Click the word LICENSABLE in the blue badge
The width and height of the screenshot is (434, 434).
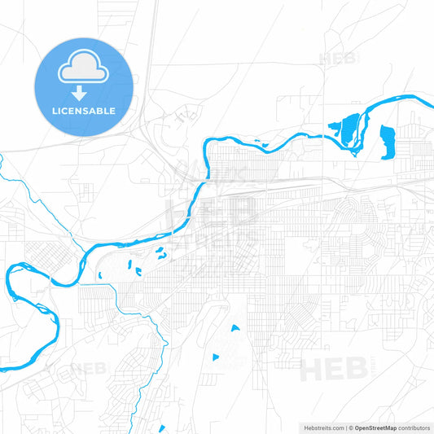pos(84,111)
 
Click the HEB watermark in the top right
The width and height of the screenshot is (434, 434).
pos(339,59)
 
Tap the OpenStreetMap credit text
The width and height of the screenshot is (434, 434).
pos(374,427)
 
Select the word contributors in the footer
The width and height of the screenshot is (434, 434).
pos(414,427)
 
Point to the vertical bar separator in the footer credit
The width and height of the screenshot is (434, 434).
pos(344,427)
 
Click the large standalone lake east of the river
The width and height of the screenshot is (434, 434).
pos(387,141)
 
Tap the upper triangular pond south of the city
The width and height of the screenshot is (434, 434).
pos(235,328)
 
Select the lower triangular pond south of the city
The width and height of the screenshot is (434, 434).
pos(216,357)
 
